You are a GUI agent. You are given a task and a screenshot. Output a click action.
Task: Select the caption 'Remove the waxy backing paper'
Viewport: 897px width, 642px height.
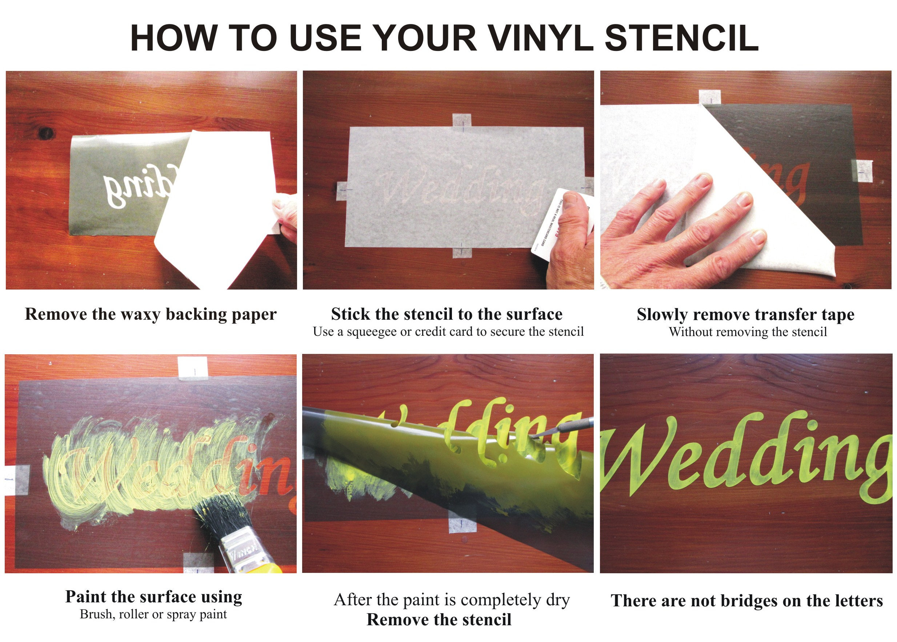coord(151,314)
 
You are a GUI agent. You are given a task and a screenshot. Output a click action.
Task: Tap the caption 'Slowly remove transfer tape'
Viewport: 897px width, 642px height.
coord(745,315)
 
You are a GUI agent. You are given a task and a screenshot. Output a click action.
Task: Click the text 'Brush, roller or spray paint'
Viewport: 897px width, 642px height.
coord(153,614)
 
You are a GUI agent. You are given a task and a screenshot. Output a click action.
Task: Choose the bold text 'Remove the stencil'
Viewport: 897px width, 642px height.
coord(439,619)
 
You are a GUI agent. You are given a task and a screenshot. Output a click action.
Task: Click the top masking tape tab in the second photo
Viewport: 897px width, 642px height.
coord(461,120)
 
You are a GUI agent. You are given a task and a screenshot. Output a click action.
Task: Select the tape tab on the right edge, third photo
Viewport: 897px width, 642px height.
coord(861,171)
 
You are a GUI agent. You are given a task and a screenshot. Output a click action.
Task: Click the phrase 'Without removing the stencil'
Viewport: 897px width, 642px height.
coord(748,332)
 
